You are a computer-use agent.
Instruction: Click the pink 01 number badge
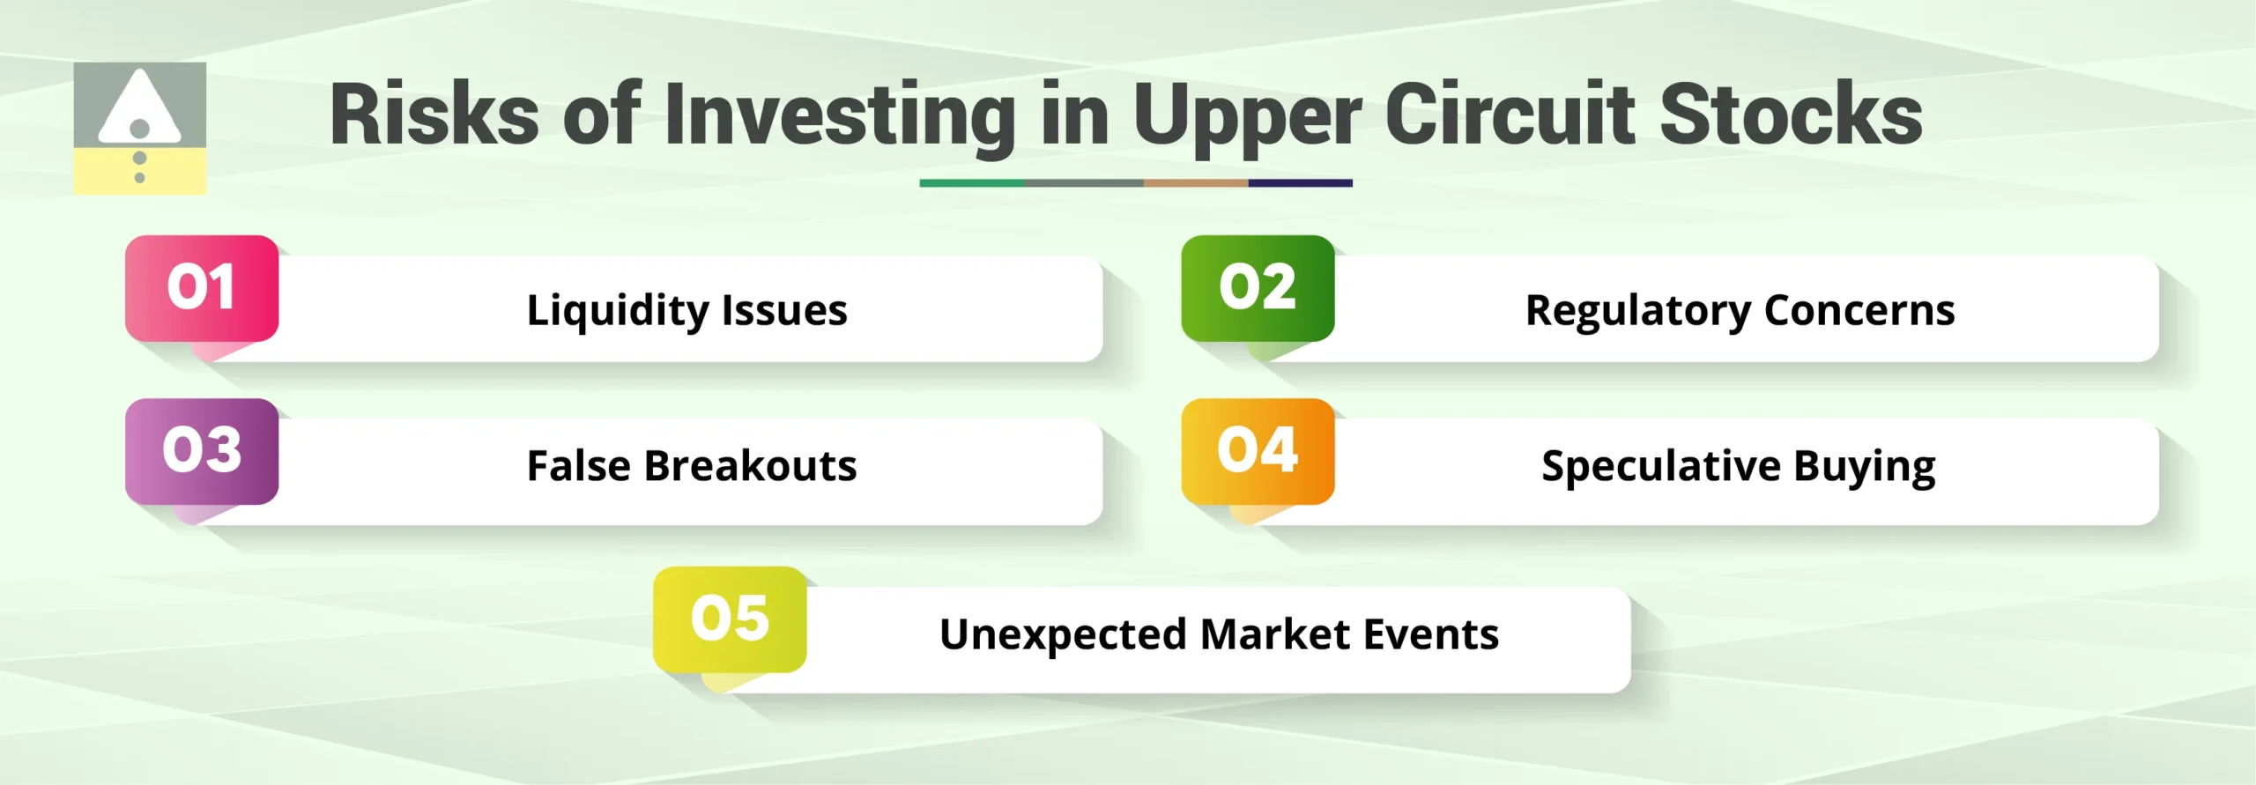[x=202, y=288]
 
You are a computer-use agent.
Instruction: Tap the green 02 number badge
[x=1258, y=288]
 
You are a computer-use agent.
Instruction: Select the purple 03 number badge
[x=202, y=451]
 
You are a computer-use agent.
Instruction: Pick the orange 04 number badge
[x=1258, y=451]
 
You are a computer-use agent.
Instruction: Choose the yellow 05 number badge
[x=730, y=618]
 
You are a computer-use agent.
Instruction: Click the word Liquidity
[x=618, y=310]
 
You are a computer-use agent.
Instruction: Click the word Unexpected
[x=1063, y=634]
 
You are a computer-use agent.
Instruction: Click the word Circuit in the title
[x=1510, y=115]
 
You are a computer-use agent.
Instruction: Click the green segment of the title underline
[x=971, y=183]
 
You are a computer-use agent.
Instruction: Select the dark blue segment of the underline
[x=1300, y=183]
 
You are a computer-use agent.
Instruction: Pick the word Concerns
[x=1859, y=310]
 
